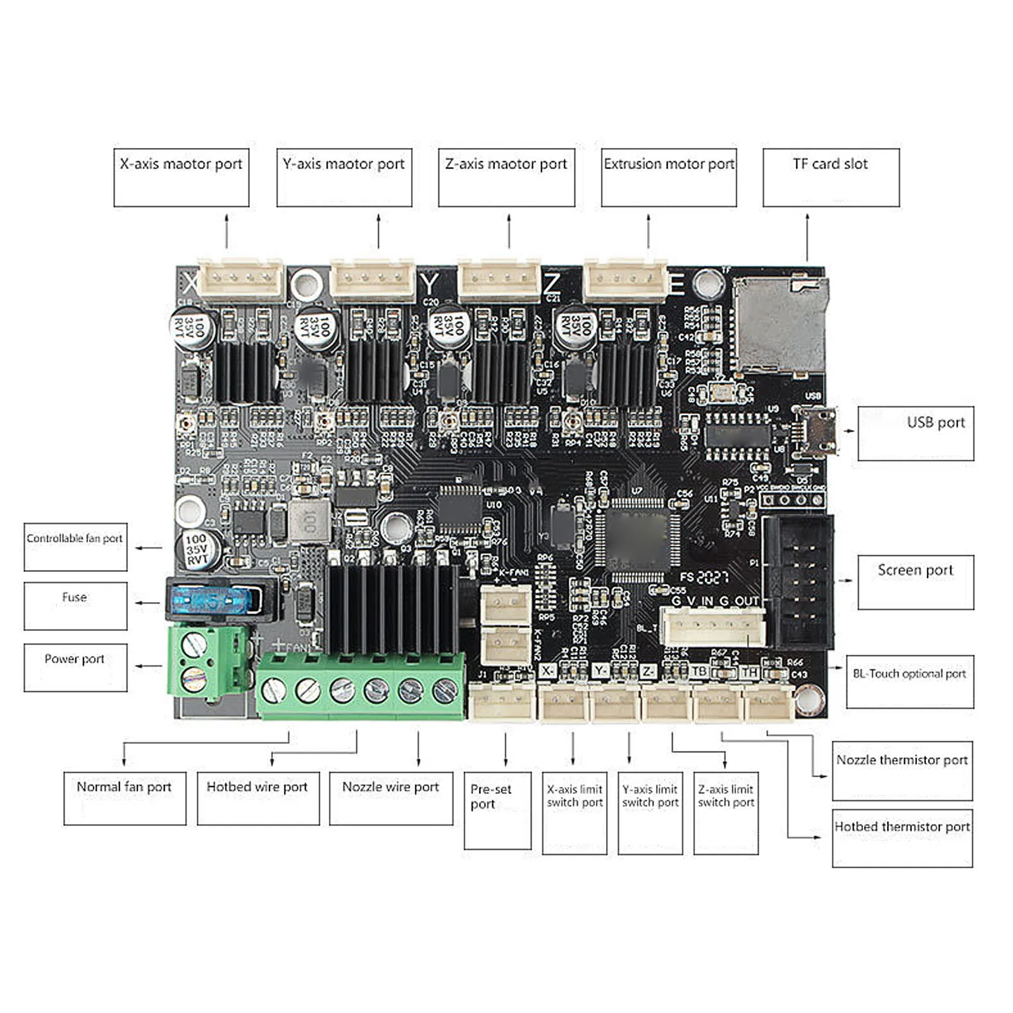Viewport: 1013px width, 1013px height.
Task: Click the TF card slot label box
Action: pyautogui.click(x=831, y=177)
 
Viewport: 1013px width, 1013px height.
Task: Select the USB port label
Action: pyautogui.click(x=916, y=433)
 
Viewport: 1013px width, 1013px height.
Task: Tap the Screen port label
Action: pyautogui.click(x=916, y=582)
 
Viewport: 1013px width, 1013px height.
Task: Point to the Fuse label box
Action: pyautogui.click(x=75, y=606)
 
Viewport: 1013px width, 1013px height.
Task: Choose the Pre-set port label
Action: pyautogui.click(x=497, y=810)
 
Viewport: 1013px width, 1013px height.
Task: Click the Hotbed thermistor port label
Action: pyautogui.click(x=902, y=838)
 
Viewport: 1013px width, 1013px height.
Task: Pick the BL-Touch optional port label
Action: pyautogui.click(x=909, y=681)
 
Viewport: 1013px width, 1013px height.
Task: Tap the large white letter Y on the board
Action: pyautogui.click(x=430, y=285)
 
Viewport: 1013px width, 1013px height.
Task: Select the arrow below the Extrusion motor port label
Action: pyautogui.click(x=648, y=231)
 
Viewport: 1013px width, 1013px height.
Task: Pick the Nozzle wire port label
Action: pyautogui.click(x=390, y=797)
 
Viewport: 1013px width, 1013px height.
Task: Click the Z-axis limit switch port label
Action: pyautogui.click(x=726, y=812)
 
